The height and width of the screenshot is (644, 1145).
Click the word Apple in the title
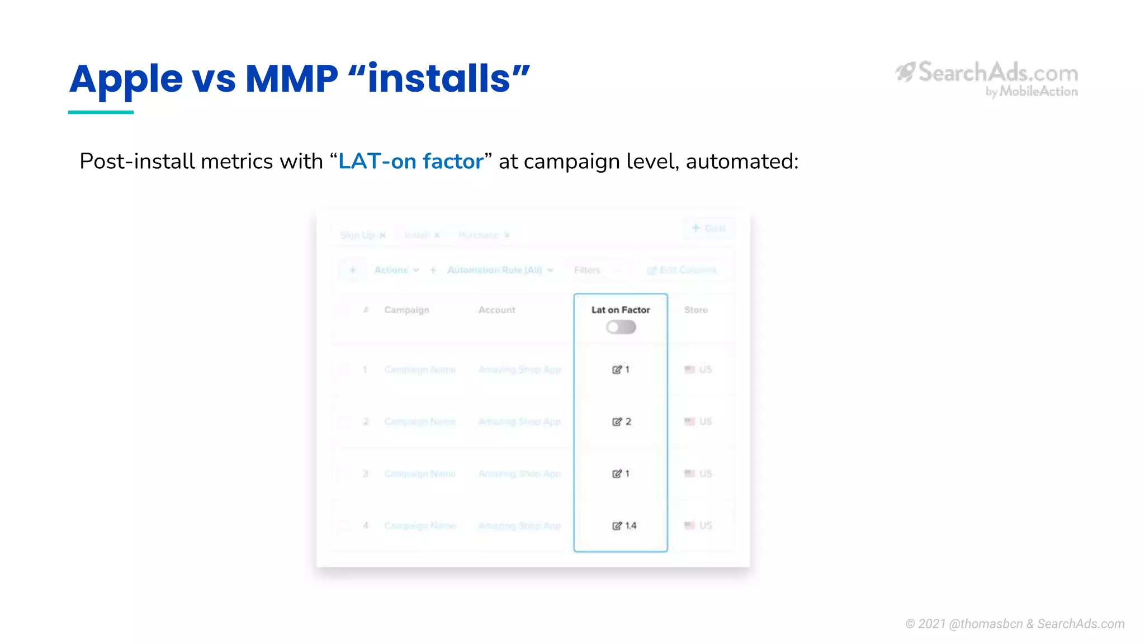click(126, 79)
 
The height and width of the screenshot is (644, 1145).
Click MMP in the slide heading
click(291, 79)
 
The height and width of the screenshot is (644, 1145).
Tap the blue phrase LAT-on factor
click(411, 162)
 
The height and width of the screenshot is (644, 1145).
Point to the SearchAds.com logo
click(987, 78)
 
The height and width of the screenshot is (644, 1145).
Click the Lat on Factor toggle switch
click(621, 327)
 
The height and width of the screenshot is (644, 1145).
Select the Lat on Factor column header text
click(621, 310)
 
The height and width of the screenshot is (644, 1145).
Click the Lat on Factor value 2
click(627, 422)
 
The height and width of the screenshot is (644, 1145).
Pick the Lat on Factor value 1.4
click(630, 525)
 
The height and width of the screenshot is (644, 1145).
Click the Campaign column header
click(406, 310)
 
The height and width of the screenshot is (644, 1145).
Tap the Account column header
click(496, 310)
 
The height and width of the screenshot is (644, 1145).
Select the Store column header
click(696, 310)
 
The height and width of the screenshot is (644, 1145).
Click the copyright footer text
click(1015, 624)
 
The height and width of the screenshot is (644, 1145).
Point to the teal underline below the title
click(101, 112)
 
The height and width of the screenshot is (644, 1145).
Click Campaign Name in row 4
click(420, 525)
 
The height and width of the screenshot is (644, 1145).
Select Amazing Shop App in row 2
click(519, 422)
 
